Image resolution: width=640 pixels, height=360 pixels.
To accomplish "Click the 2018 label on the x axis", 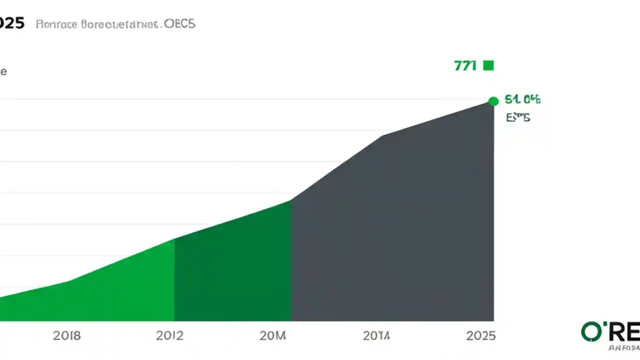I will click(66, 335).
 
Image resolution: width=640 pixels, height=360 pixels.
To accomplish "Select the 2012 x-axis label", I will click(170, 335).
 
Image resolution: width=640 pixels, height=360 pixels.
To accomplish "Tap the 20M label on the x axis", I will click(273, 335).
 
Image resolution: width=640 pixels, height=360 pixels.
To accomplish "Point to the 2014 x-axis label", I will click(376, 335).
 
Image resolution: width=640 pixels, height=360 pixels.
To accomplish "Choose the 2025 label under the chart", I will click(480, 335).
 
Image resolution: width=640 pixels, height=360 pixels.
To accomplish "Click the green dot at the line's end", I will click(493, 101).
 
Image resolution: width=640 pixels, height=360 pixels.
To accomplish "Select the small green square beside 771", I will click(488, 65).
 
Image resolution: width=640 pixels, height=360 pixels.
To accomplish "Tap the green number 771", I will click(465, 65).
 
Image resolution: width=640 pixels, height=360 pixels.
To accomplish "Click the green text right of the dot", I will click(522, 99).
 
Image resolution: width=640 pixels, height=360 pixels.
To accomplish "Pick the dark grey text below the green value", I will click(518, 118).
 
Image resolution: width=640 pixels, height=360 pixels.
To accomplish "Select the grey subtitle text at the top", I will click(115, 24).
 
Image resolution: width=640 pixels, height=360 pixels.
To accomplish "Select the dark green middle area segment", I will click(232, 270).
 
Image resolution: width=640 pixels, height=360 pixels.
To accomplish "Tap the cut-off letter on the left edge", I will click(2, 71).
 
